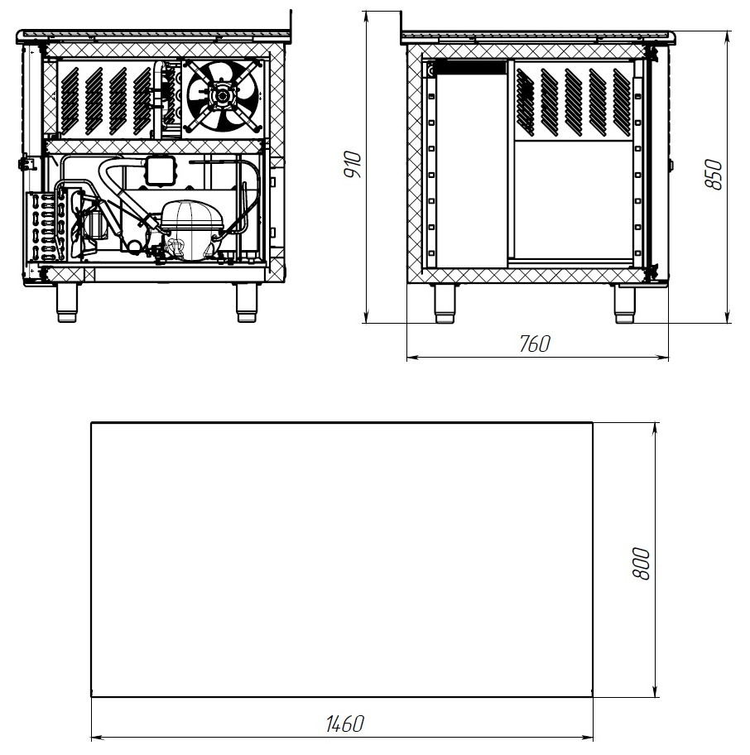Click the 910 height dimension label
tap(353, 164)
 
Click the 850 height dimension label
tap(714, 175)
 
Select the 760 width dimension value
tap(534, 344)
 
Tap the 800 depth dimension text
tap(642, 564)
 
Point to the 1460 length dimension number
tap(344, 724)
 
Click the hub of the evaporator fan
tap(223, 95)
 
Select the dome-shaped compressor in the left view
tap(190, 229)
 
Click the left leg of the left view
tap(67, 302)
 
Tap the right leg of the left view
tap(247, 302)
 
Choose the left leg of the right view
tap(445, 303)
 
